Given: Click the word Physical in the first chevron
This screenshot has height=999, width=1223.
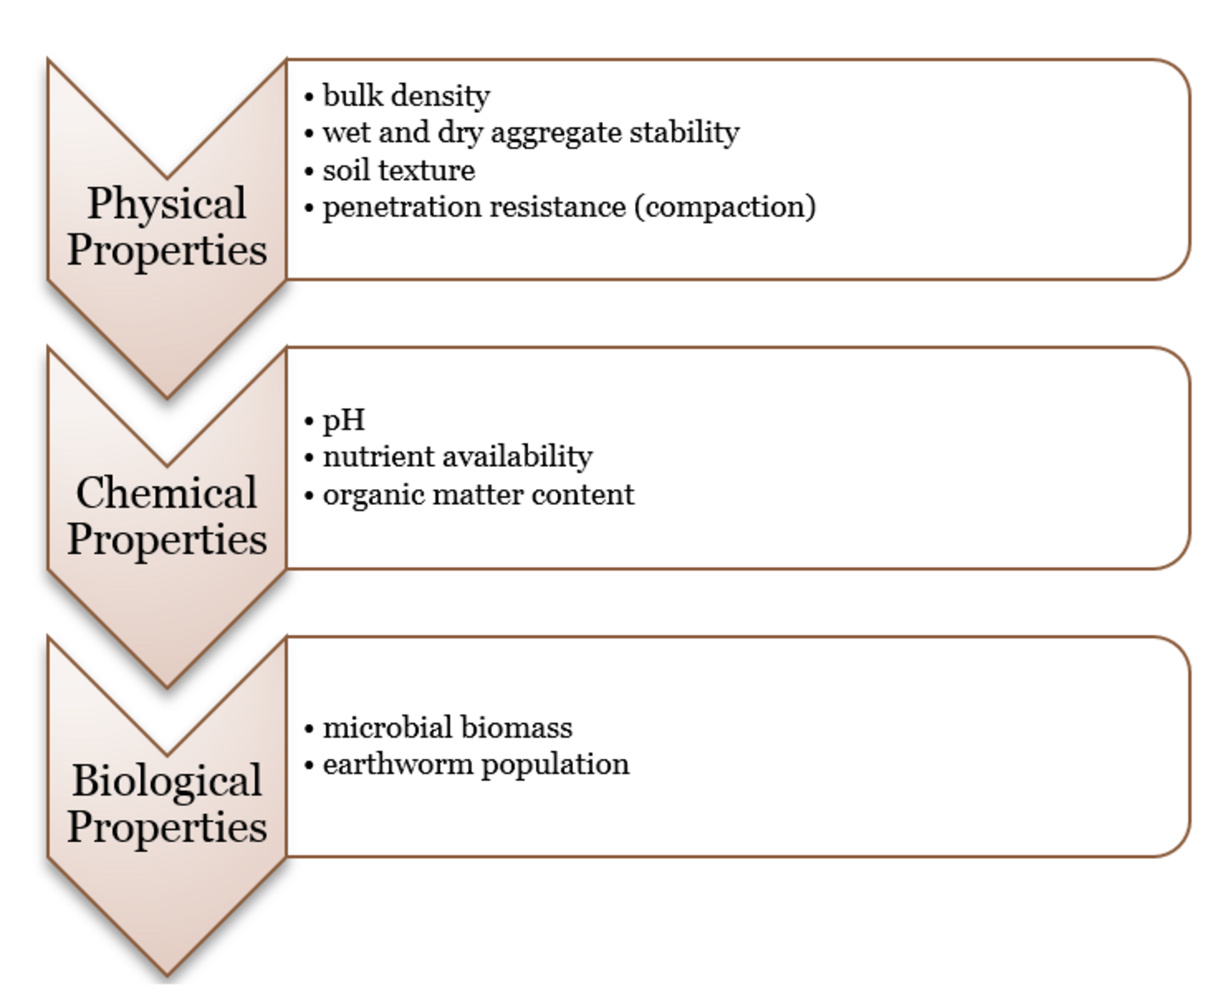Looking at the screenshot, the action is pos(167,204).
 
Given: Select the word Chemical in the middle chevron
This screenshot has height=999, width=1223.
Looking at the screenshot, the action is pos(166,492).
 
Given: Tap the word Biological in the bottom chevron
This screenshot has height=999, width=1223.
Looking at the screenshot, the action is pos(167,782).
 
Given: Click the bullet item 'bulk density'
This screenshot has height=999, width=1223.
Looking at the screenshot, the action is pos(406,96).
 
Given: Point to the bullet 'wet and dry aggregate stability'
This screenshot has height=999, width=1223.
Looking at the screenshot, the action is pos(531,132).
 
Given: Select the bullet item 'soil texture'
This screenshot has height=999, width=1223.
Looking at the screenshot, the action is pos(399,171).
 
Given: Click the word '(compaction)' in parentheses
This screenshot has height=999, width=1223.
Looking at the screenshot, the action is pos(724,207).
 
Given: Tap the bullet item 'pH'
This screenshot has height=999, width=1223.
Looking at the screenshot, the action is pos(344,420).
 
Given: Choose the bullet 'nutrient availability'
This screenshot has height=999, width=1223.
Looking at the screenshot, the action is pos(458,457).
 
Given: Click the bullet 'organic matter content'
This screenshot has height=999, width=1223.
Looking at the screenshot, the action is pos(478,495).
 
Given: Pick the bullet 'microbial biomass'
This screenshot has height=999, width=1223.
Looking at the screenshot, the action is pos(447,727).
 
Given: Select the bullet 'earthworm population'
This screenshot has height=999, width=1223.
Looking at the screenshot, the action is pos(476,765).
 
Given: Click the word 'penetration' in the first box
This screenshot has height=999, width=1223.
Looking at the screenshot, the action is pos(402,207).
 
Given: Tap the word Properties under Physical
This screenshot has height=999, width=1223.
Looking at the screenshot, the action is pos(167,251).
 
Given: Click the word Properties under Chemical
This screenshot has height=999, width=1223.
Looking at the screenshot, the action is pos(167,540).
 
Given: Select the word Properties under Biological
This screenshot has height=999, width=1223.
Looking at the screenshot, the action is pos(167,828).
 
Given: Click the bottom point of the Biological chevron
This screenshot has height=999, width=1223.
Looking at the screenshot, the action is pos(167,975).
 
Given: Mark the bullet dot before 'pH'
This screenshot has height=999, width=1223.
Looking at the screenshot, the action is pos(309,421).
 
